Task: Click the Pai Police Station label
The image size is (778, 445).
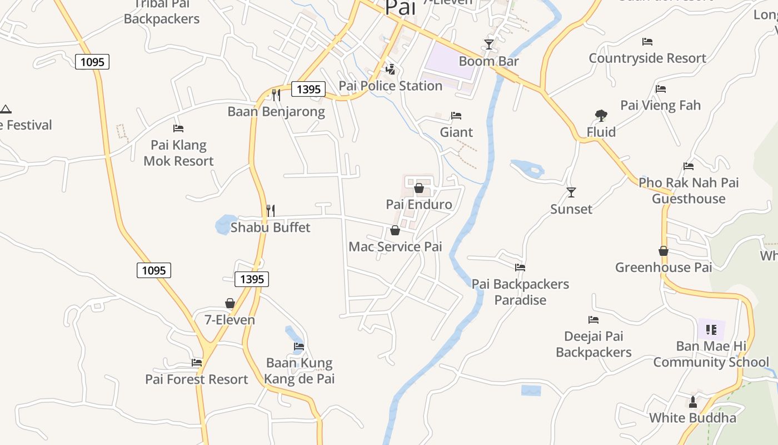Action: coord(391,86)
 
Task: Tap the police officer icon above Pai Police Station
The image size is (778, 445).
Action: coord(391,70)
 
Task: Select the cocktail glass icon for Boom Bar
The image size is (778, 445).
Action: coord(489,44)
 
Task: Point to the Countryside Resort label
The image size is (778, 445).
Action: coord(647,58)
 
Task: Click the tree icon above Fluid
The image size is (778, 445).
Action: coord(601,116)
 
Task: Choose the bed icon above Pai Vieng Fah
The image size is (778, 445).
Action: coord(661,89)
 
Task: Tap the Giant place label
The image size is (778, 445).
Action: coord(456,132)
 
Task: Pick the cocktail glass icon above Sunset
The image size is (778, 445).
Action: coord(571,192)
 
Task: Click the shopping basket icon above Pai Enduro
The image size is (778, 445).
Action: coord(419,188)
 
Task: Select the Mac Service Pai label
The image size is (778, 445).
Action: coord(395,246)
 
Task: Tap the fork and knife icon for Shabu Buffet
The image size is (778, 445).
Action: coord(271,211)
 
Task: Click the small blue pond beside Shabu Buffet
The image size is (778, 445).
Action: coord(225,225)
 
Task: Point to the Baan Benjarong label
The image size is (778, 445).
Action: coord(276,111)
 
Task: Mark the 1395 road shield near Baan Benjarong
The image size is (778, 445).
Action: coord(308,89)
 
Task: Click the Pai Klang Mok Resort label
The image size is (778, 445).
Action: coord(178,153)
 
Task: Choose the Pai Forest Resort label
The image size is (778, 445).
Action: coord(197,379)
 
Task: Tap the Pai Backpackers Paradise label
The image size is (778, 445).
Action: coord(521,292)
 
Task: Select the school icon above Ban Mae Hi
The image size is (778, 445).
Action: coord(711,330)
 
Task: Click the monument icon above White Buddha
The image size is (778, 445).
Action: coord(692,402)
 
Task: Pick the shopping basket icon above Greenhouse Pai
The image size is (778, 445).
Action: coord(664,251)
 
